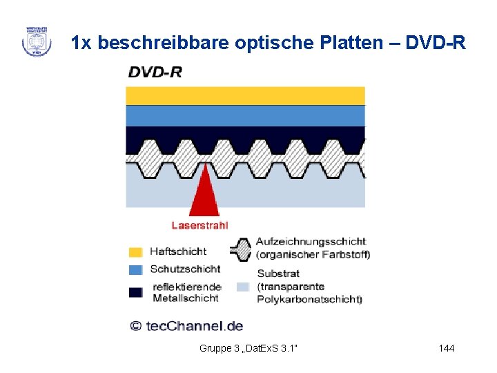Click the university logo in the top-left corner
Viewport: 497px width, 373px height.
click(x=36, y=41)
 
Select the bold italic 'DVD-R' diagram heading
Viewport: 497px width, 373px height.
click(x=155, y=73)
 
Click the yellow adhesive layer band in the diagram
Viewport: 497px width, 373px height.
click(x=245, y=95)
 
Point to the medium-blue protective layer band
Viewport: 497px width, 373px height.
click(x=245, y=115)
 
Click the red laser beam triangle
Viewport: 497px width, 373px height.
click(x=204, y=192)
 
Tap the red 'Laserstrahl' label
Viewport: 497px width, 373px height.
click(x=199, y=224)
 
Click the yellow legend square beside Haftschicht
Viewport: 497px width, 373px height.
click(x=135, y=252)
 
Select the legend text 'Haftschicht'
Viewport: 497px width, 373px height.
click(x=178, y=252)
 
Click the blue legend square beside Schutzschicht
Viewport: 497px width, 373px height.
click(x=135, y=269)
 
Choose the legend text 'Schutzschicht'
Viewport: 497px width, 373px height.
click(x=185, y=269)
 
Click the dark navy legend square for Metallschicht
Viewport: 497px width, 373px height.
click(x=135, y=292)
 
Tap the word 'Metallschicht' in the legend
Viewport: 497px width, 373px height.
click(x=185, y=298)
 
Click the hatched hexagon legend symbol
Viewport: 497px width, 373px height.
click(x=241, y=249)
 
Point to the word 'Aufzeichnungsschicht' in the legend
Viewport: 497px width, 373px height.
click(x=311, y=242)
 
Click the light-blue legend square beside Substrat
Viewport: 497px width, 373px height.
click(x=242, y=286)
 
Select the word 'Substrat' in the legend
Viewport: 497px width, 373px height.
click(x=277, y=274)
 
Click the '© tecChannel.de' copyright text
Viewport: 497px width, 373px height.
click(x=186, y=325)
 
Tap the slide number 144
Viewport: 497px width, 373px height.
click(x=447, y=348)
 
